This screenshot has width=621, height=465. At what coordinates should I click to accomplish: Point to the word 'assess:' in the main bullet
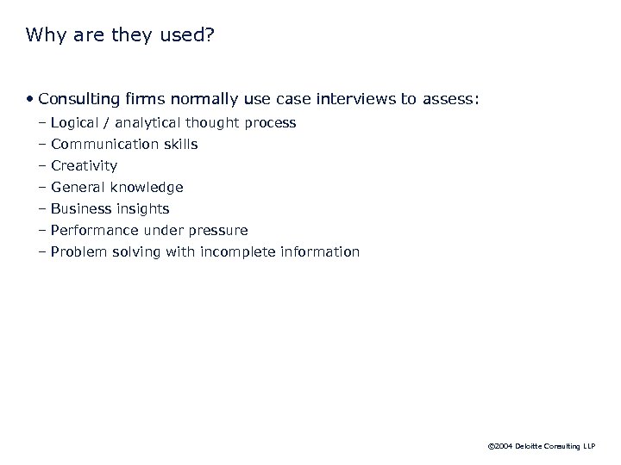tap(449, 100)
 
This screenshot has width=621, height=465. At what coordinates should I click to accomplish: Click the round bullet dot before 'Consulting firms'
tap(30, 100)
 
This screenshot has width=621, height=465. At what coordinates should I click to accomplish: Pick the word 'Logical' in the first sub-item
tap(76, 123)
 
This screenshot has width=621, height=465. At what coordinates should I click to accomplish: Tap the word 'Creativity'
tap(84, 166)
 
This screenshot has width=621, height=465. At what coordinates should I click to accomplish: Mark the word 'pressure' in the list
tap(219, 231)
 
